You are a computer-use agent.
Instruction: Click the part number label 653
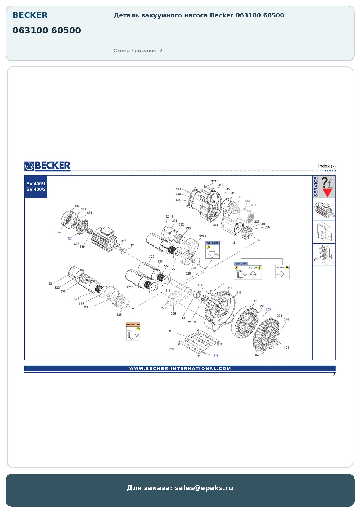(77, 206)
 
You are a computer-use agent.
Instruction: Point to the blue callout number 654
(58, 232)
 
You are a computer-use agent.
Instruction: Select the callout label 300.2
(202, 236)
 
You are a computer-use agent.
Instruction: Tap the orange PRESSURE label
(133, 324)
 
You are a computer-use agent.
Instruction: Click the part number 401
(286, 348)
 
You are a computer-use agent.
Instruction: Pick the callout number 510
(172, 331)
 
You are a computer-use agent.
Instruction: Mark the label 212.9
(192, 322)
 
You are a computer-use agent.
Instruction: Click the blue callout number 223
(268, 309)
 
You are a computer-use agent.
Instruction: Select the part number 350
(178, 189)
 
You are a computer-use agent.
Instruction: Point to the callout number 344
(236, 242)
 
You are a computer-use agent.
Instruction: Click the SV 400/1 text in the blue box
(36, 184)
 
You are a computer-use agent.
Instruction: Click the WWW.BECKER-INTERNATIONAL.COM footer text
(180, 368)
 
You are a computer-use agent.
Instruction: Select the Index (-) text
(327, 166)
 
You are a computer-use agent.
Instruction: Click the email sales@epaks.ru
(204, 488)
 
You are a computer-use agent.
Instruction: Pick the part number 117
(131, 245)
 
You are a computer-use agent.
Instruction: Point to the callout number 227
(164, 308)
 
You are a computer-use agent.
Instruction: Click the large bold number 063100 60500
(47, 30)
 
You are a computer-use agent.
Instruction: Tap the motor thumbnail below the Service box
(324, 210)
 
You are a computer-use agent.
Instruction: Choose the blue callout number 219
(239, 293)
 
